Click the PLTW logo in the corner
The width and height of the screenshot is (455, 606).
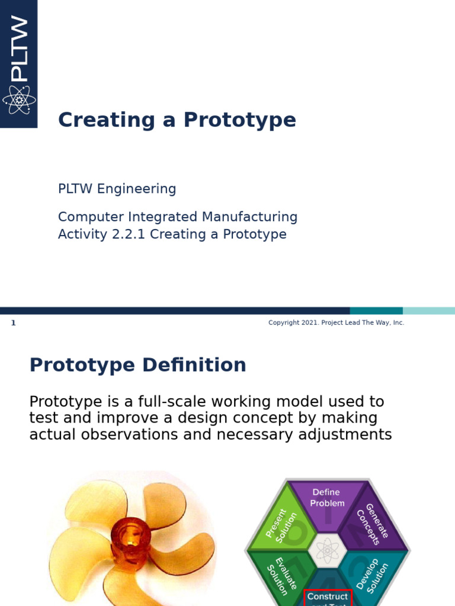point(18,63)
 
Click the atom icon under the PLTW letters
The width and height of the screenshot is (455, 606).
point(19,99)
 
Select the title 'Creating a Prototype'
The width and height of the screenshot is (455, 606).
point(177,120)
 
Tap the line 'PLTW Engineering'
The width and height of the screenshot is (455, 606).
point(117,189)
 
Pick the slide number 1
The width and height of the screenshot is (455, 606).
point(13,323)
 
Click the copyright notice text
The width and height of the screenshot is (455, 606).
point(336,323)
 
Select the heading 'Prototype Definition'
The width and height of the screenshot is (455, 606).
point(137,365)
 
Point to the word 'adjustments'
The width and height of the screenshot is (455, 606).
point(346,435)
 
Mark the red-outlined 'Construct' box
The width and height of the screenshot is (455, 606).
point(328,597)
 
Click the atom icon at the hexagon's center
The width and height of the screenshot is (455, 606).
point(327,550)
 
